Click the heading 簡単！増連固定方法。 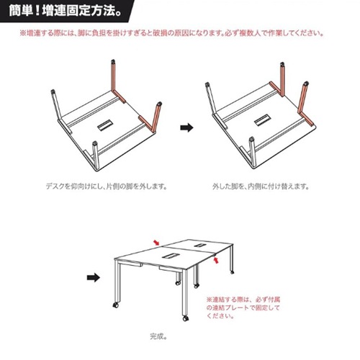pos(65,12)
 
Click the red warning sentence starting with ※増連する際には pos(172,33)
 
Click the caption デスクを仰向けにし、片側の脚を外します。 pos(107,186)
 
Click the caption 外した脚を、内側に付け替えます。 pos(261,186)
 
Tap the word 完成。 pos(158,336)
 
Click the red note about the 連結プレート pos(243,307)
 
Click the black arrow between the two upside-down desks pos(186,127)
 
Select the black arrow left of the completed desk pos(94,278)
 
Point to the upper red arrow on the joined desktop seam pos(156,243)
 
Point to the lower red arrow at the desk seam pos(216,260)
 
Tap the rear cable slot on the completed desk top pos(199,246)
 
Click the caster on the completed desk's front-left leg pos(116,305)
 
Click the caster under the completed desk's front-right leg pos(185,319)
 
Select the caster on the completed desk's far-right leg pos(232,272)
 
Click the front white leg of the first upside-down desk pos(96,156)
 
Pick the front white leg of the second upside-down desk pos(252,152)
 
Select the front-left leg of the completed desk pos(117,282)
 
